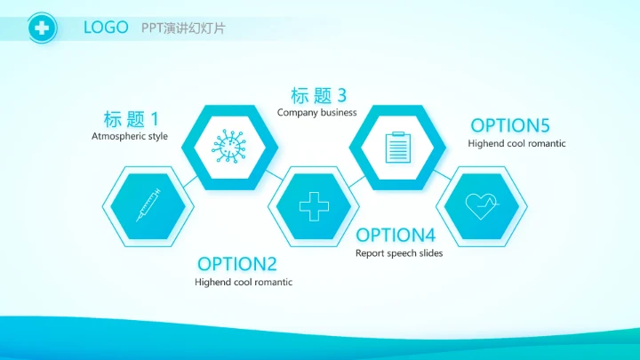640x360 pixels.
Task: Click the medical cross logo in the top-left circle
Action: point(41,28)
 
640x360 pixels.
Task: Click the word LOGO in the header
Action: point(106,28)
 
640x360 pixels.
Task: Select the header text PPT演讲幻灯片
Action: point(183,28)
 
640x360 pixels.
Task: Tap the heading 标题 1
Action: point(132,119)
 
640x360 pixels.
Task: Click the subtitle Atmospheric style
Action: point(130,136)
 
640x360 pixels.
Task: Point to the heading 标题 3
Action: point(318,95)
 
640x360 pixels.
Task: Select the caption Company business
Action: point(316,112)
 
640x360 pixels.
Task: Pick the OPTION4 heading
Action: point(396,236)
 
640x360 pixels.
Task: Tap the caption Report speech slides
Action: point(399,253)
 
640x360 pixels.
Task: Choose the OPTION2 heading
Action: point(237,264)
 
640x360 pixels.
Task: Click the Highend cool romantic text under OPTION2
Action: point(244,282)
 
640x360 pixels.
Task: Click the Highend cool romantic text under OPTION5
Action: point(516,143)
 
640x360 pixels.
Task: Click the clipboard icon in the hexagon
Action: point(396,147)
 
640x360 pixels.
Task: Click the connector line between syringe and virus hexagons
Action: point(189,180)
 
